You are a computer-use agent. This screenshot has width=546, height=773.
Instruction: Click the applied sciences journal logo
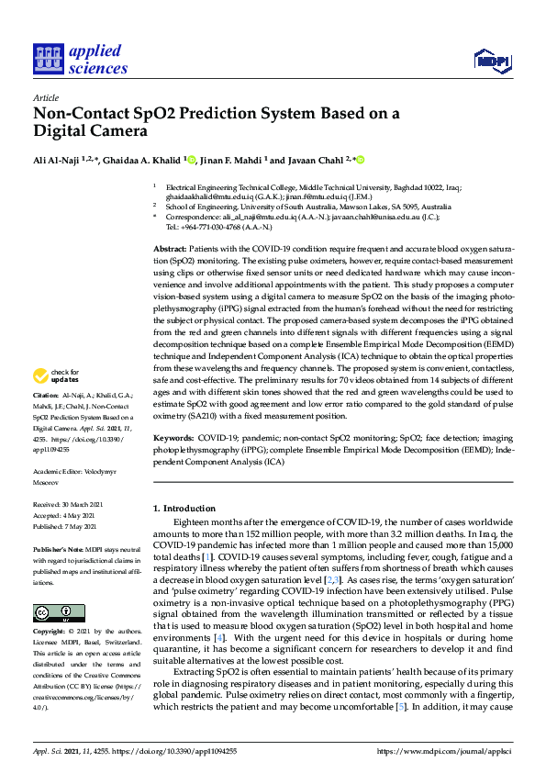[x=80, y=60]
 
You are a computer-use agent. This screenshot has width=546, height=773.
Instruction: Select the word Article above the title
[x=46, y=98]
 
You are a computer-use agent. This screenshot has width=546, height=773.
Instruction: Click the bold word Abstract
[x=170, y=250]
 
